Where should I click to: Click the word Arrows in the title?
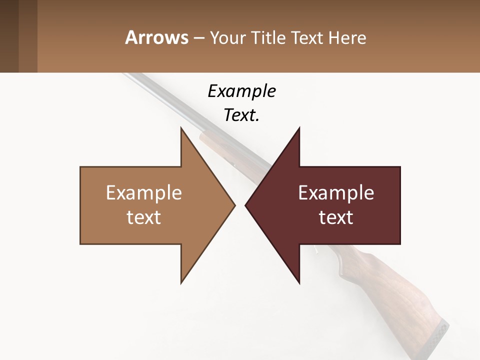[156, 37]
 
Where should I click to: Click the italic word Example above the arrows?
[241, 91]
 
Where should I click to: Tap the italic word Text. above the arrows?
[241, 115]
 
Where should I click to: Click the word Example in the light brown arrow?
[144, 193]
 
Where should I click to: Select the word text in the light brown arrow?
[144, 217]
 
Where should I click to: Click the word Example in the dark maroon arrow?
[336, 193]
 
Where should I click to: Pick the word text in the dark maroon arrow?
[336, 217]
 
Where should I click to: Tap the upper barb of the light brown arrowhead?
[182, 131]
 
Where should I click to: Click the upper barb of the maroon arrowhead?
[298, 131]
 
